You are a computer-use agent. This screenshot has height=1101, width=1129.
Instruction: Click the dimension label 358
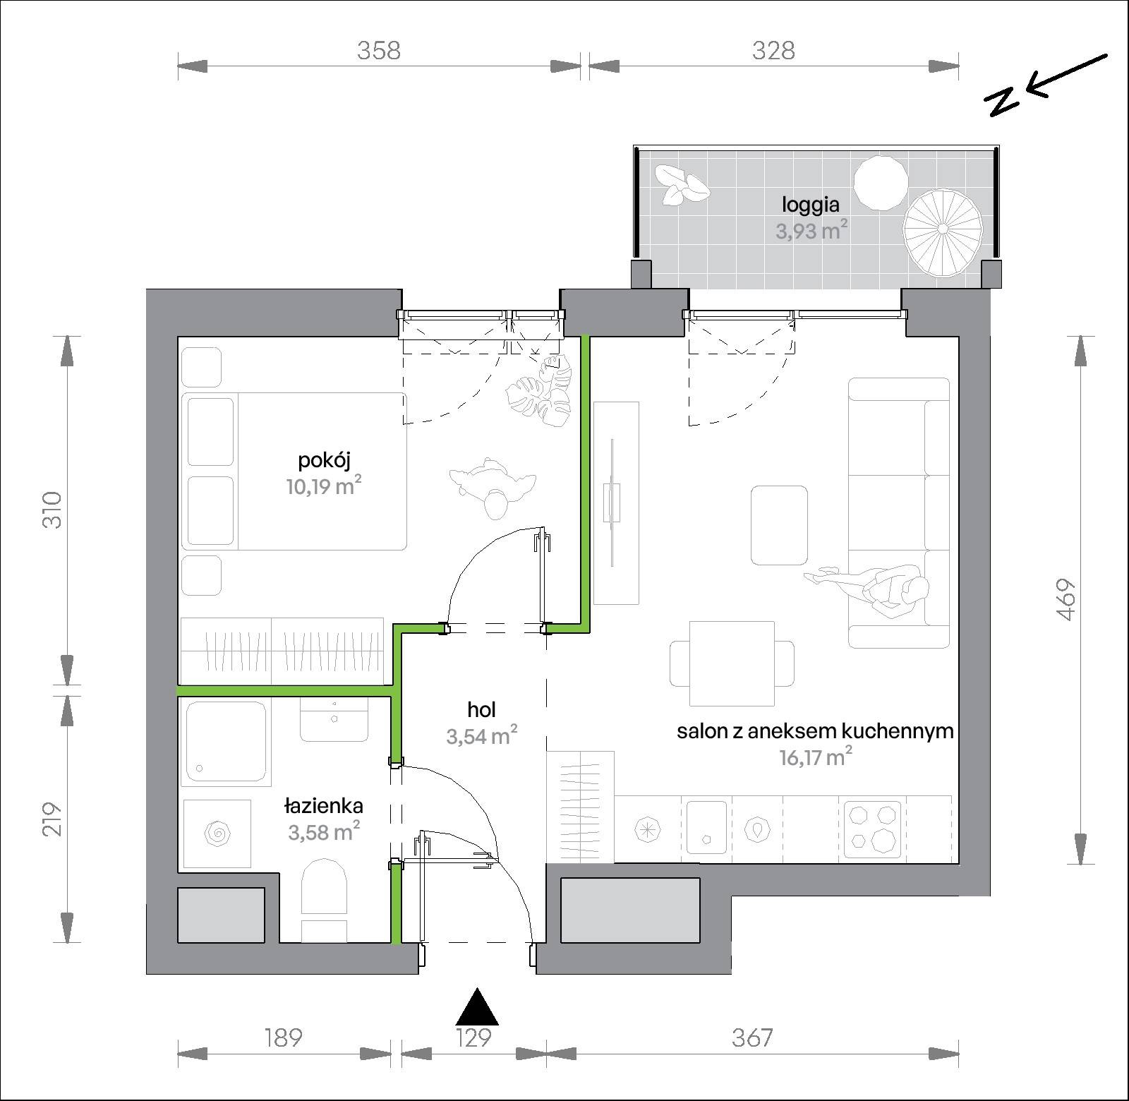click(x=379, y=51)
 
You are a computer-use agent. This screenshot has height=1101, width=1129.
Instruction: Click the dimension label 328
click(x=773, y=51)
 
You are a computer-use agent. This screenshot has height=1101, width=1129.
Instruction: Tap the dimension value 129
click(x=473, y=1037)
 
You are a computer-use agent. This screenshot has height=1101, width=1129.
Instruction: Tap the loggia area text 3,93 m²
click(x=811, y=230)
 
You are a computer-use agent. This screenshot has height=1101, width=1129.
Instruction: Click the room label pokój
click(x=325, y=460)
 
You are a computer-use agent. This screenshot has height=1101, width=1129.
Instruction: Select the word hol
click(x=481, y=709)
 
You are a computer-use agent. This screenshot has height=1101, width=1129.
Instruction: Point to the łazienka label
click(x=324, y=805)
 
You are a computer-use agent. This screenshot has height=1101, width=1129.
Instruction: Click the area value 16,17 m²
click(x=815, y=759)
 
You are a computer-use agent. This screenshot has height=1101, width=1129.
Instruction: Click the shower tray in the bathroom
click(x=226, y=742)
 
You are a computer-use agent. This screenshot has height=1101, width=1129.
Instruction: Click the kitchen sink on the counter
click(x=707, y=829)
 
